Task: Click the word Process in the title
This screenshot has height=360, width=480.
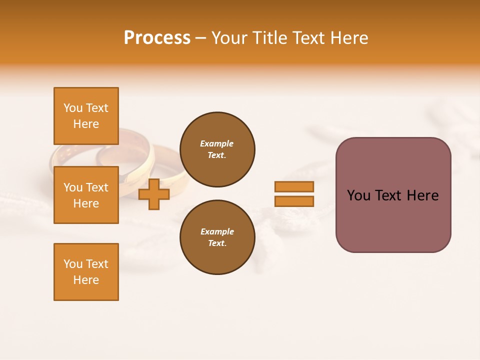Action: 157,38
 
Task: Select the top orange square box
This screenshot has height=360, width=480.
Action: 86,116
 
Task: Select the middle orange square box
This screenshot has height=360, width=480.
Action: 86,195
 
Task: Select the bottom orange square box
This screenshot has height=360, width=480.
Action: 86,272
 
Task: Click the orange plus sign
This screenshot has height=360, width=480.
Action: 154,194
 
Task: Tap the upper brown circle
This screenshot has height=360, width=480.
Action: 217,149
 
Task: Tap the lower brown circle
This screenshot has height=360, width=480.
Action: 217,237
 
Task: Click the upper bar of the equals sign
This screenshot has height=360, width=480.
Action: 294,186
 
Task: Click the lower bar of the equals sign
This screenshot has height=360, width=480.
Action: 294,201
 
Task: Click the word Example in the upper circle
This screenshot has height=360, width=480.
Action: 217,143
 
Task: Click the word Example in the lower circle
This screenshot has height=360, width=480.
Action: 217,231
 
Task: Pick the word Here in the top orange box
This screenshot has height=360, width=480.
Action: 86,124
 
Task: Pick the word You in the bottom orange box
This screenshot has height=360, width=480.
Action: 73,264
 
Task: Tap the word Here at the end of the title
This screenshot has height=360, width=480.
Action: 349,38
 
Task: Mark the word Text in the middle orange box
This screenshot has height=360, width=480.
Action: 97,187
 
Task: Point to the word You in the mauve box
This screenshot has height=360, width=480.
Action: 358,195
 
